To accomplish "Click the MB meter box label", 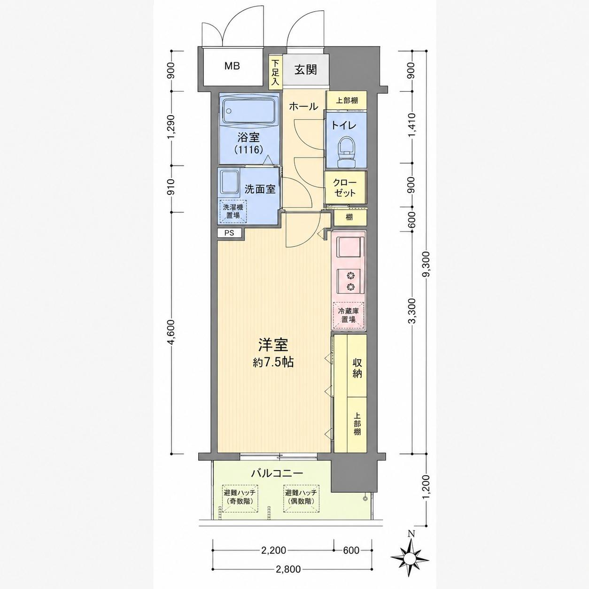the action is tap(232, 66).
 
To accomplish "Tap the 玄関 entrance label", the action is tap(305, 70).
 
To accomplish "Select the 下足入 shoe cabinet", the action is tap(275, 72).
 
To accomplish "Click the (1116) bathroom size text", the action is tap(248, 150).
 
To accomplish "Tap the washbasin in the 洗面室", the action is tap(230, 183).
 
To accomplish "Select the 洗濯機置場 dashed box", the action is tap(233, 211).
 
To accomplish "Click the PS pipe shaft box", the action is tap(229, 233).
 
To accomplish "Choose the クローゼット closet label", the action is tap(344, 188).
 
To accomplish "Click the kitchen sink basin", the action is tap(349, 247).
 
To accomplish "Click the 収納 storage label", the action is tap(357, 368).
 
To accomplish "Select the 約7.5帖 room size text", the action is tap(273, 363).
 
